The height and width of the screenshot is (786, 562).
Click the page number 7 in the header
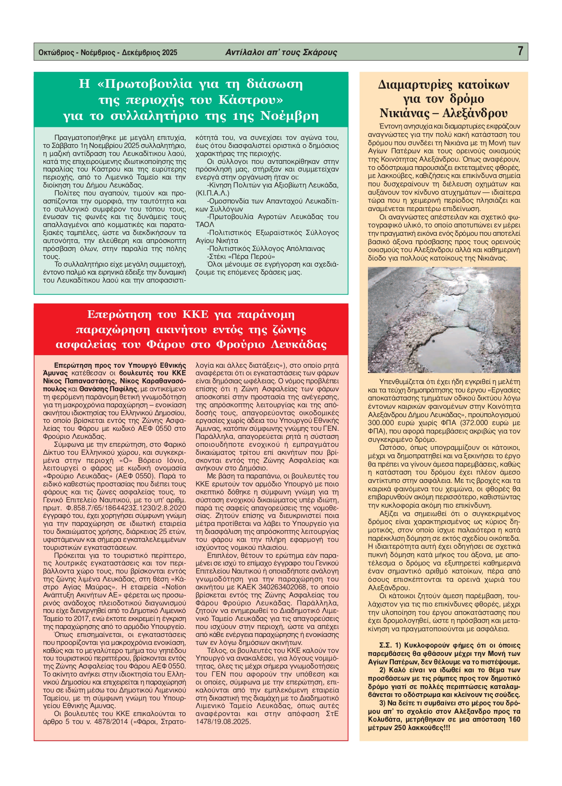click(x=520, y=51)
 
